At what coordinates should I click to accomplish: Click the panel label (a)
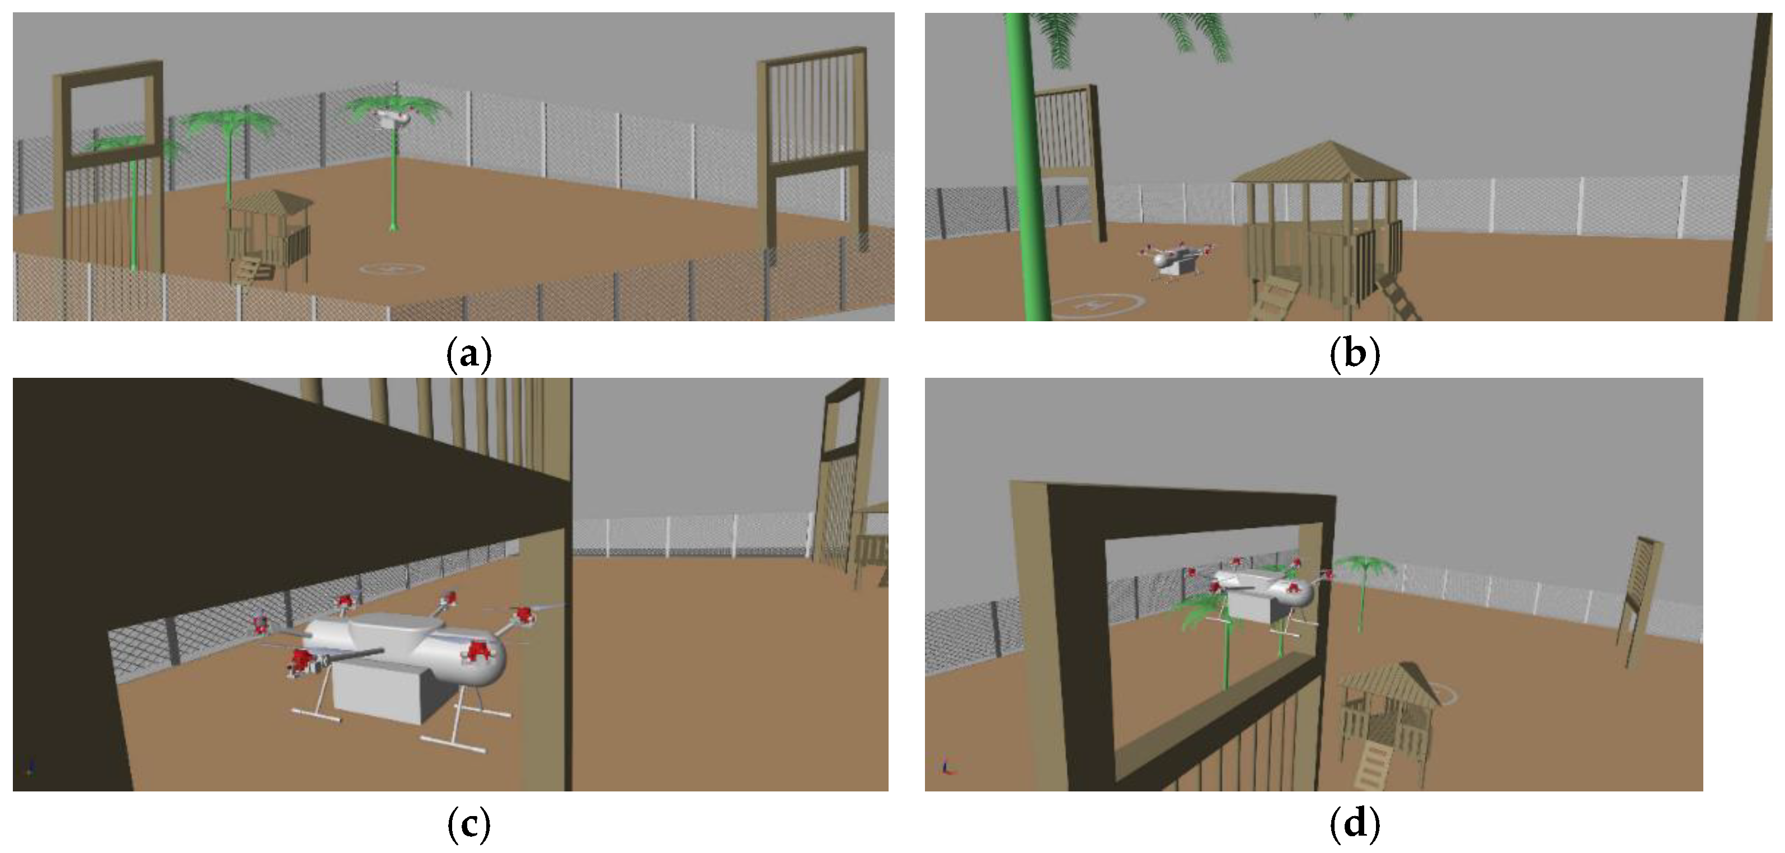(469, 354)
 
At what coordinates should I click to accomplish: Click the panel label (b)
(1354, 354)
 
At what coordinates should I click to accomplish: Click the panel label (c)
(469, 824)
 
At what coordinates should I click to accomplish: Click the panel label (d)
(1354, 824)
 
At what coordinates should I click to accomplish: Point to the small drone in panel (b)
(1176, 261)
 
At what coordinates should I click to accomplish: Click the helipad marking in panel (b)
(1097, 303)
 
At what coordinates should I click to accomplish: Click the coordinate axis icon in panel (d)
(947, 766)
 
